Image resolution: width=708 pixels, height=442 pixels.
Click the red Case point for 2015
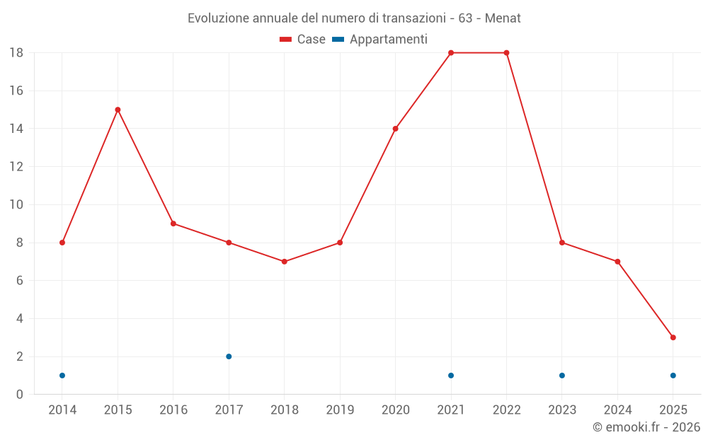pos(118,110)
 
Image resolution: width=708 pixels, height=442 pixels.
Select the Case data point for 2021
pos(451,53)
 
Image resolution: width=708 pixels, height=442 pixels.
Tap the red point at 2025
pos(673,337)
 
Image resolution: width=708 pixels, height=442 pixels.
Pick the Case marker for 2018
pos(284,262)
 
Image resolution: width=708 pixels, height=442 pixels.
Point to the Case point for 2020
pos(395,129)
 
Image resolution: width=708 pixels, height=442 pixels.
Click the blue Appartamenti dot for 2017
pos(229,356)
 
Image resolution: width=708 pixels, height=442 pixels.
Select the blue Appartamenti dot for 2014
pos(62,376)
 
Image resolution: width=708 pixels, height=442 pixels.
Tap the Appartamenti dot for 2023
pos(561,376)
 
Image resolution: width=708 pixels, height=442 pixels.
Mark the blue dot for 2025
pos(673,376)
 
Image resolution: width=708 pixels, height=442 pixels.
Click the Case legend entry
pos(303,40)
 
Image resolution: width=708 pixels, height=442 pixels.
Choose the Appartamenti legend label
pos(388,40)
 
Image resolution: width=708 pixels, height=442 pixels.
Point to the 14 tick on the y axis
pos(16,129)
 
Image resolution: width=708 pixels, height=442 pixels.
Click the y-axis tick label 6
pos(20,281)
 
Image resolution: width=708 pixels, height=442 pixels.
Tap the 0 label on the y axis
pos(20,395)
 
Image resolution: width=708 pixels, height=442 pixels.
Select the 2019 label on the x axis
pos(340,410)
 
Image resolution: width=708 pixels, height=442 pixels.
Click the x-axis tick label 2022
pos(506,410)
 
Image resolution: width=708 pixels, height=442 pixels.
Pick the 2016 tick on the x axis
pos(173,410)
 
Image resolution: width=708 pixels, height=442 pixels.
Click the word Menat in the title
pos(503,18)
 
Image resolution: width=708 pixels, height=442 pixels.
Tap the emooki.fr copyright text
pos(646,427)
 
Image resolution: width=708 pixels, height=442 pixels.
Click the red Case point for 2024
pos(617,262)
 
